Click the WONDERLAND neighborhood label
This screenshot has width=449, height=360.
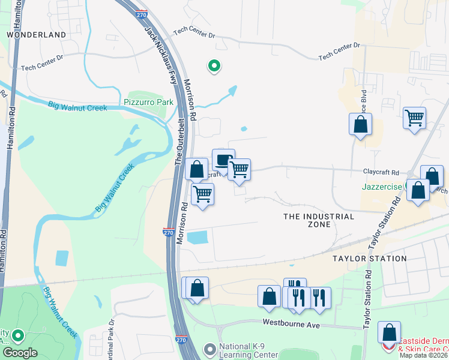pos(36,35)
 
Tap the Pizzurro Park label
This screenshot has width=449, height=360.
pos(148,102)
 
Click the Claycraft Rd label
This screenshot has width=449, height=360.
pos(381,171)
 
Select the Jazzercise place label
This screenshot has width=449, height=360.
pos(382,187)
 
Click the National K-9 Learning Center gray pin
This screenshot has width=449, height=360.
pos(209,349)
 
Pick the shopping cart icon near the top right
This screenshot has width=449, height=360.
pos(414,117)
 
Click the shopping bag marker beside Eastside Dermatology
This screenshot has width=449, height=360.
pos(390,332)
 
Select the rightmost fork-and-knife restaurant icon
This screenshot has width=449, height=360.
pos(319,296)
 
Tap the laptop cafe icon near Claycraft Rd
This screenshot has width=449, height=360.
pos(223,160)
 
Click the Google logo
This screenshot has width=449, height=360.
pos(20,353)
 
